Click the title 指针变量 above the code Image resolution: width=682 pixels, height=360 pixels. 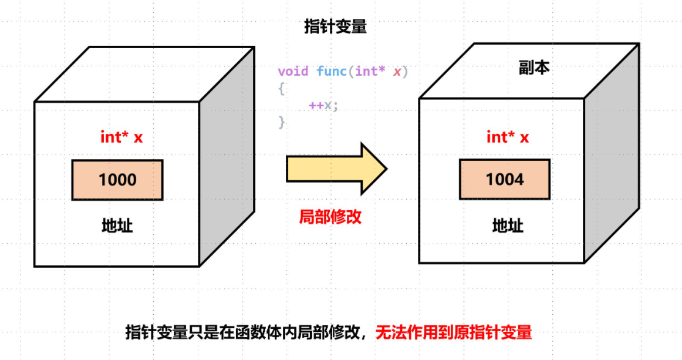pos(335,27)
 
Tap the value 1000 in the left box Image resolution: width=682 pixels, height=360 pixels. pos(117,180)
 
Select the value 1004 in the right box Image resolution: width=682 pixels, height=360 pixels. pos(505,179)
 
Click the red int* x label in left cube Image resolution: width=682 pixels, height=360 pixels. pos(121,137)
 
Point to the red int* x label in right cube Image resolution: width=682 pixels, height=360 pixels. pos(508,137)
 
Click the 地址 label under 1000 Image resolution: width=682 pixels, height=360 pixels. pos(117,226)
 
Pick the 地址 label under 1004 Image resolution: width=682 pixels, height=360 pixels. pos(508,226)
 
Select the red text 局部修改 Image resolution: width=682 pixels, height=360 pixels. pos(330,217)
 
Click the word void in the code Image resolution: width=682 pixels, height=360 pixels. pos(293,72)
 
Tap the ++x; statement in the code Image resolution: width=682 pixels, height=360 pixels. pos(324,106)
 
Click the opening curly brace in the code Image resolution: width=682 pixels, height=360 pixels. pos(282,89)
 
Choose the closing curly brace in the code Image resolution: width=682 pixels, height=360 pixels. pos(282,122)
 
